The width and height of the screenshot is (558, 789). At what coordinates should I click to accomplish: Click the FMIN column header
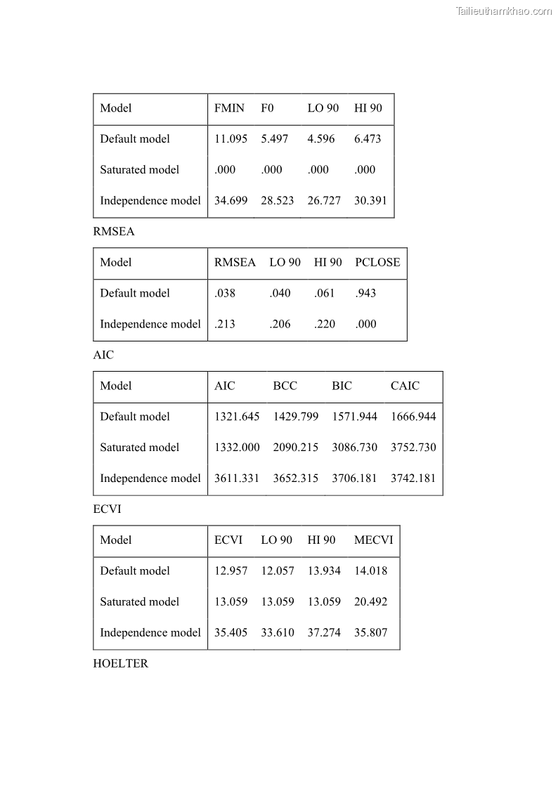[x=229, y=108]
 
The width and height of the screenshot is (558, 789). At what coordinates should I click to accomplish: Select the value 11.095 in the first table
[x=231, y=139]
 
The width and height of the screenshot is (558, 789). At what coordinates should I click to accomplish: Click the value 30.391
[x=370, y=201]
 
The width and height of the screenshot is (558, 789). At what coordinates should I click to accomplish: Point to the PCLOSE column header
[x=377, y=263]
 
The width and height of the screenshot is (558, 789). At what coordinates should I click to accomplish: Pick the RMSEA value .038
[x=225, y=294]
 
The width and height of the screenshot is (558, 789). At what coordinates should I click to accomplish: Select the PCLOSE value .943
[x=365, y=294]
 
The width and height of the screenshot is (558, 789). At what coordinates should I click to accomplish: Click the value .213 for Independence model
[x=225, y=325]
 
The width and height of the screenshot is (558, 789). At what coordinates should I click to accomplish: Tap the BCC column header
[x=285, y=386]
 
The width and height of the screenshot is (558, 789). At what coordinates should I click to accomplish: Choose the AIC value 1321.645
[x=237, y=417]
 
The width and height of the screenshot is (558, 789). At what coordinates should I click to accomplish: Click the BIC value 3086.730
[x=354, y=448]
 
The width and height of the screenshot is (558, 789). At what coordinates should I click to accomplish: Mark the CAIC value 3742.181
[x=413, y=479]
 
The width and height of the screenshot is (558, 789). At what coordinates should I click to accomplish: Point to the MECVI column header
[x=373, y=540]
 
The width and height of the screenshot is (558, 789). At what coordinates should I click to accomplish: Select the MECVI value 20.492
[x=370, y=602]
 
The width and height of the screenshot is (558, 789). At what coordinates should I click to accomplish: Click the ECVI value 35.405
[x=231, y=633]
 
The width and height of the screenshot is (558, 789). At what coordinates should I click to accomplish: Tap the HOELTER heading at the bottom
[x=120, y=664]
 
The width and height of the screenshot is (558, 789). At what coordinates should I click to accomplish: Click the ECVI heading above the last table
[x=107, y=509]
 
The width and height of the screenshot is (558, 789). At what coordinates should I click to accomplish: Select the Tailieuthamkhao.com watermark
[x=503, y=11]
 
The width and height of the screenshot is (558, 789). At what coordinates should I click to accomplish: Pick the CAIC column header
[x=405, y=386]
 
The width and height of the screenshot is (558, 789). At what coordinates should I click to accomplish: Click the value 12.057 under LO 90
[x=277, y=571]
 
